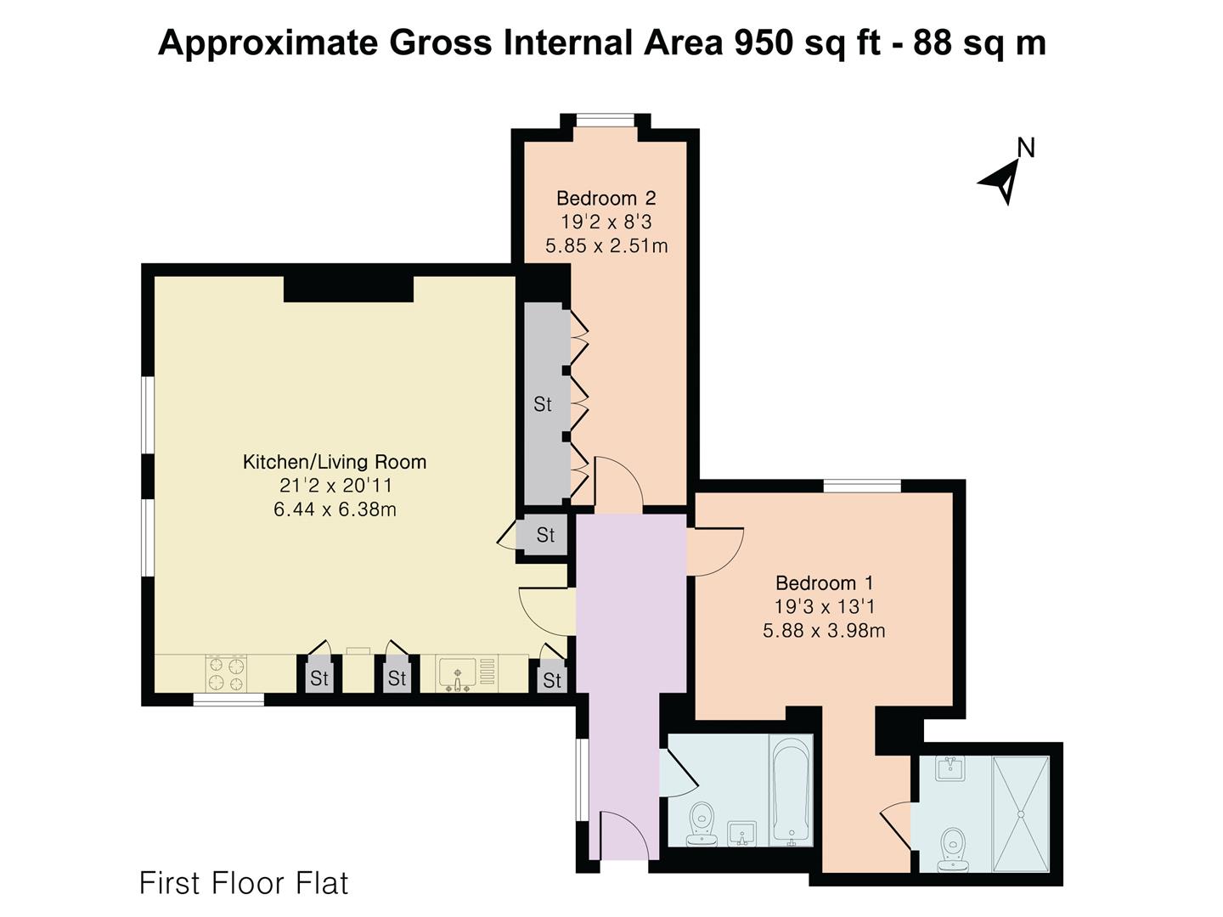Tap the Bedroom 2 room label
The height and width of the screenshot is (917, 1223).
606,198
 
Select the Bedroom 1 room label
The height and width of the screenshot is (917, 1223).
824,583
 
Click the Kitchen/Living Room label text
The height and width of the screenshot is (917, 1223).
335,462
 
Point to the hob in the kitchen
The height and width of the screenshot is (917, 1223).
226,673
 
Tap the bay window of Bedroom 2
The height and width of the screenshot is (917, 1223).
605,121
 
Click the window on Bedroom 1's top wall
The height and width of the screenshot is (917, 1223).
862,486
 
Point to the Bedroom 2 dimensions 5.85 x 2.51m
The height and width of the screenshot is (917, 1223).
606,245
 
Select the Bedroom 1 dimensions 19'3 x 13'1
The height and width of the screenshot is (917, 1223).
824,606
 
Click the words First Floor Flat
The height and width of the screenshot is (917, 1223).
244,883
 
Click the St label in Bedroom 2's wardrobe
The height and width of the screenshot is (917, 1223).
542,404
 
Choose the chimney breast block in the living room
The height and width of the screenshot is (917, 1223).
349,289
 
